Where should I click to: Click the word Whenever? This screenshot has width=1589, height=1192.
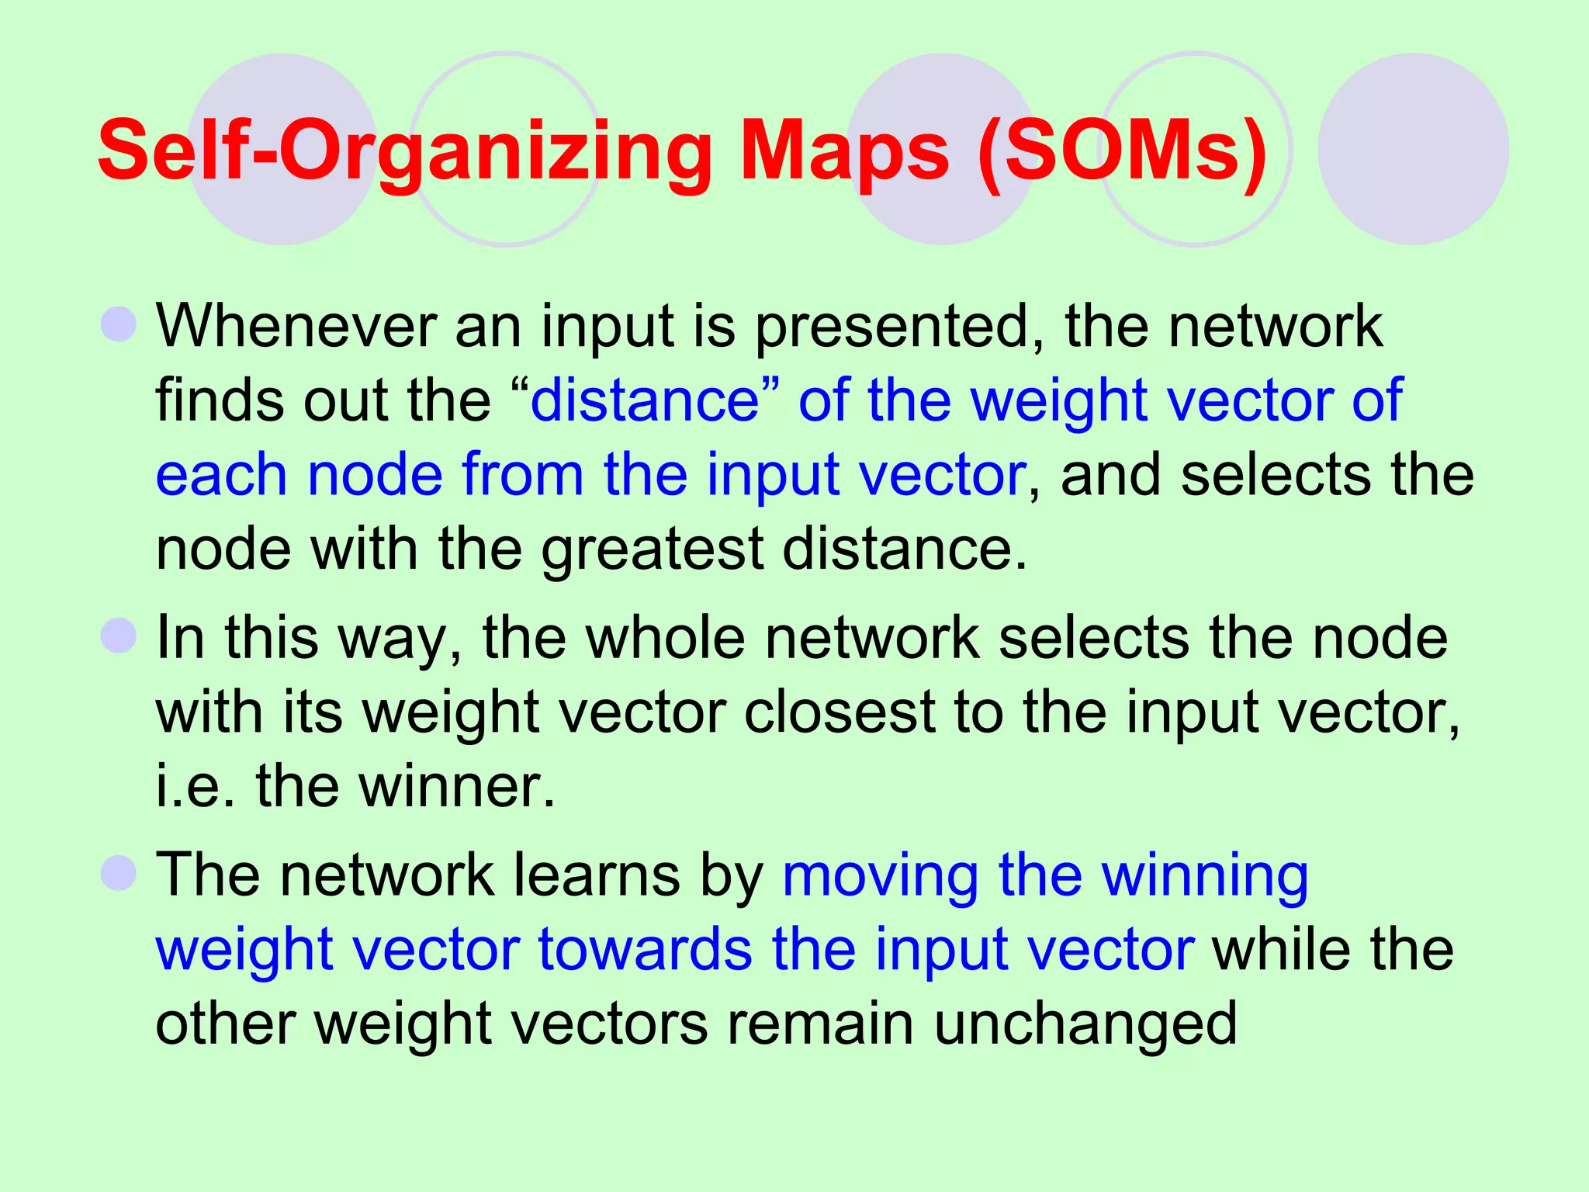(x=295, y=326)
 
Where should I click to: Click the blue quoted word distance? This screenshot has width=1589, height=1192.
(x=644, y=400)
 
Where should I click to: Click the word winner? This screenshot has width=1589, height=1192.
(x=458, y=787)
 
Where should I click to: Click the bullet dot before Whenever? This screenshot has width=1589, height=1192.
(x=119, y=324)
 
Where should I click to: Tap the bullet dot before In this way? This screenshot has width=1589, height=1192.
(x=119, y=636)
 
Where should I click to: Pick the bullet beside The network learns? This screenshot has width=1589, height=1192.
(x=119, y=873)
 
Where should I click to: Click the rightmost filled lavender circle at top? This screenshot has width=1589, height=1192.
(x=1413, y=149)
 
